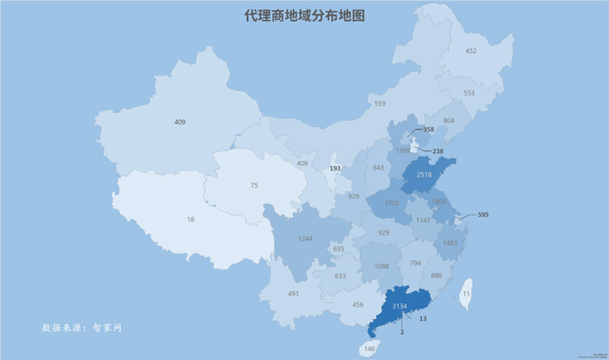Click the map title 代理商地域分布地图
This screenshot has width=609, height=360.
[304, 17]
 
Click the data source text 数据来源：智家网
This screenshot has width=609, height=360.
[82, 329]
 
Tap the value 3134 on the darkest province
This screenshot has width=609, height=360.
[399, 307]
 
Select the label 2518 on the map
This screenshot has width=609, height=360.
[425, 175]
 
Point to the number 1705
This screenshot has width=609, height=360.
[391, 204]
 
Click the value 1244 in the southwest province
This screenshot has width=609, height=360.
[304, 238]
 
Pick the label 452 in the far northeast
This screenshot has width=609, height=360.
[471, 51]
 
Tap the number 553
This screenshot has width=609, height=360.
[469, 92]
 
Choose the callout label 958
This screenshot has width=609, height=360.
[427, 130]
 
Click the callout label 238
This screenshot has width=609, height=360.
[438, 151]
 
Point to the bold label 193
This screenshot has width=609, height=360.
[335, 168]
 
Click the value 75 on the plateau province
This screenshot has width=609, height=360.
[254, 185]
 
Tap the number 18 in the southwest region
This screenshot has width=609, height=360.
[191, 220]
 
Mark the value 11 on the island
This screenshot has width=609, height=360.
[466, 295]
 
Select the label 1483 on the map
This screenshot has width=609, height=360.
[449, 243]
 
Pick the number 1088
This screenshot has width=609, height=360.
[380, 266]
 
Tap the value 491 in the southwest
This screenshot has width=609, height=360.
[294, 294]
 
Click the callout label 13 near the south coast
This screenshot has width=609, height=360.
[422, 320]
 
